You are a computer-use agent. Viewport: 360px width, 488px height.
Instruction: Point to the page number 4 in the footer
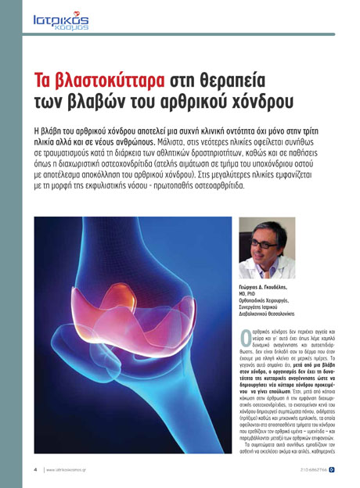[35, 470]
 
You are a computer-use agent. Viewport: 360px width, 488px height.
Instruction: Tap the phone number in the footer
[310, 470]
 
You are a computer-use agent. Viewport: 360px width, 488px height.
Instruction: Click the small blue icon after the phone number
[331, 470]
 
